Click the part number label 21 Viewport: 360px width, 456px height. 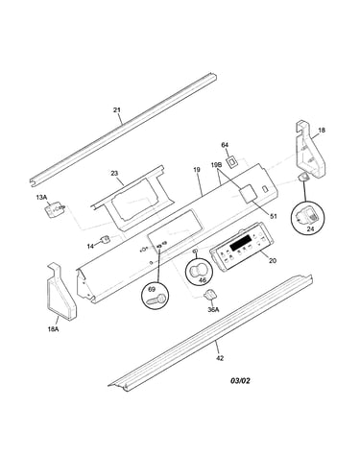pos(117,110)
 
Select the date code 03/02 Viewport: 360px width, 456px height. pos(240,380)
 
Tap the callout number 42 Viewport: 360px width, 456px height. pos(220,358)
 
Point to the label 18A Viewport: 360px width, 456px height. pos(53,328)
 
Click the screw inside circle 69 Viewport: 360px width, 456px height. pos(156,300)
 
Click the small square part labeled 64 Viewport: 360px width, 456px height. pos(231,161)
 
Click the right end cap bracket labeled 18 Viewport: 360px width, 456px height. pos(310,150)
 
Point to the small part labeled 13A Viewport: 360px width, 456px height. pos(55,210)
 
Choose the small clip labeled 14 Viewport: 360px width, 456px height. pos(105,239)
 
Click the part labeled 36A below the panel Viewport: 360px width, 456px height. pos(209,294)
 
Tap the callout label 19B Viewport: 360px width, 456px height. pos(216,165)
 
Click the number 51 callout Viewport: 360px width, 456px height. pos(273,216)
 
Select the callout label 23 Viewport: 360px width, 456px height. pos(114,173)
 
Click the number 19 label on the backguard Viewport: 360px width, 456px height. pos(197,170)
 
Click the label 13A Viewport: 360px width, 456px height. pos(41,198)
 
